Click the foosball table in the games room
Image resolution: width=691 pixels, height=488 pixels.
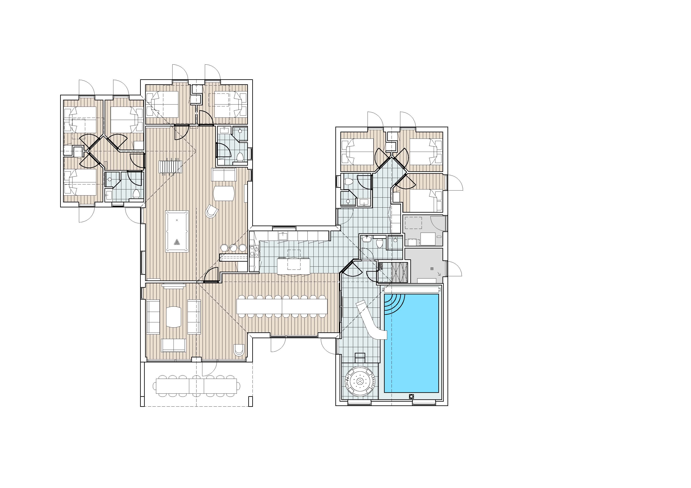coord(170,166)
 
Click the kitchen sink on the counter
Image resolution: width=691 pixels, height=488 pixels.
coord(283,236)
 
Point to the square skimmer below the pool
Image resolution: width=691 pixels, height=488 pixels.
coord(411,396)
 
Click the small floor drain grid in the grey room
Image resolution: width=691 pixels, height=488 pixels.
coord(432,269)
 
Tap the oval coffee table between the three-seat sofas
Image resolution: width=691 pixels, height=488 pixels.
coord(174,317)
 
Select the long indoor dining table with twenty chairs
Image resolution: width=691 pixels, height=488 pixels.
coord(282,306)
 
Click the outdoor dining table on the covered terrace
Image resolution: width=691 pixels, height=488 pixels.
coord(198,386)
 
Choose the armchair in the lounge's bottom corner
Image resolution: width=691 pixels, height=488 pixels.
coord(238,350)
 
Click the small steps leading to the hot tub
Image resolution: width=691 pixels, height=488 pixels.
coord(360,358)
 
